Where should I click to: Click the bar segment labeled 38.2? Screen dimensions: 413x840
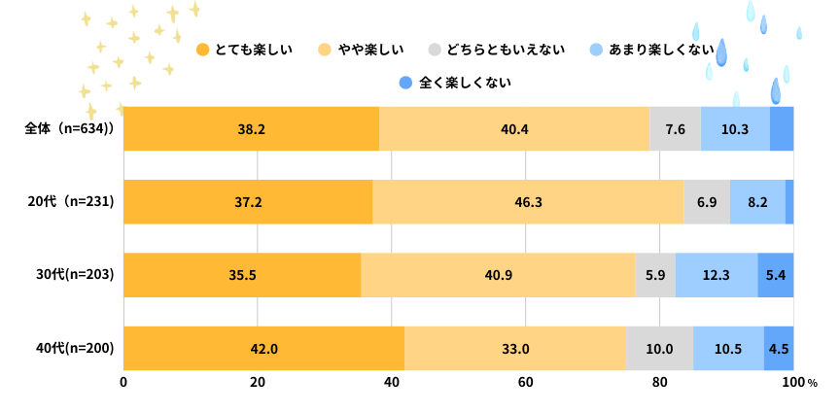(x=251, y=129)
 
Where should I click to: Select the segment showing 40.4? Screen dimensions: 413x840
(x=513, y=129)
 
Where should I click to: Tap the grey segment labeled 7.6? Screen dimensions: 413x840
(x=675, y=129)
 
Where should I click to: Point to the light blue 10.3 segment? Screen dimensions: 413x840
(x=735, y=129)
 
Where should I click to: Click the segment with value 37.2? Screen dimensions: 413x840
(x=248, y=202)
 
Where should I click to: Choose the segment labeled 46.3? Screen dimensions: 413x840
(x=528, y=202)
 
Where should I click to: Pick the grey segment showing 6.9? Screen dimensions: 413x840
(x=707, y=202)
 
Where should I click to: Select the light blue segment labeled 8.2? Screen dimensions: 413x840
(x=757, y=202)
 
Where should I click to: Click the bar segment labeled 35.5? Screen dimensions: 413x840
(x=242, y=275)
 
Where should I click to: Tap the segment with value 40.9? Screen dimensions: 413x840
(x=498, y=275)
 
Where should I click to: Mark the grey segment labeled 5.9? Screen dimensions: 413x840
(x=655, y=275)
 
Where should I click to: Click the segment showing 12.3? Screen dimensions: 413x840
(x=716, y=275)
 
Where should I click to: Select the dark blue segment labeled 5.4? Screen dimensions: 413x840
(x=776, y=275)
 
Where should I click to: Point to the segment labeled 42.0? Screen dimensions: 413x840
(x=263, y=349)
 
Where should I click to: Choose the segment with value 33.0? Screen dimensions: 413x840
(x=515, y=349)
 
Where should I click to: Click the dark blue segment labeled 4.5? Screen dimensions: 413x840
(x=779, y=349)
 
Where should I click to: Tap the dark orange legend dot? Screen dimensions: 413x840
(x=202, y=50)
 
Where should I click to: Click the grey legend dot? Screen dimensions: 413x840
(x=435, y=50)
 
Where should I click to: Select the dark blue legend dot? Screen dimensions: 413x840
(x=405, y=83)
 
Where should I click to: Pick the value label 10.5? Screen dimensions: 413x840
(x=728, y=349)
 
